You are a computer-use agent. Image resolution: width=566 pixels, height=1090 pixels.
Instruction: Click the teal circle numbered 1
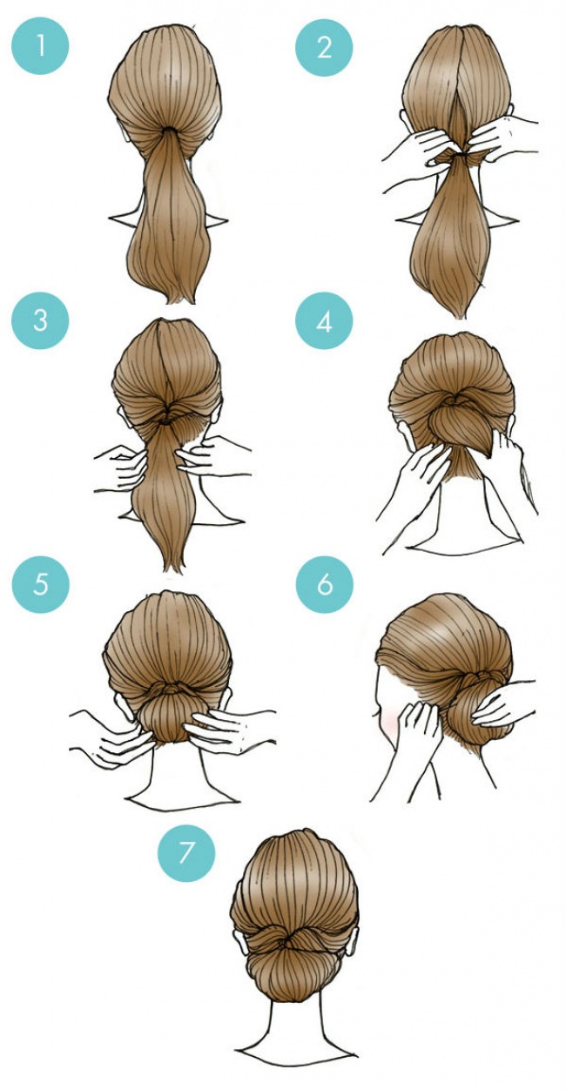coord(40,46)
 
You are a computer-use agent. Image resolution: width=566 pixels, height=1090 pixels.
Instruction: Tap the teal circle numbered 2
coord(325,47)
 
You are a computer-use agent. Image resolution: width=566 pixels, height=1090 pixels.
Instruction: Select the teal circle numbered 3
coord(40,320)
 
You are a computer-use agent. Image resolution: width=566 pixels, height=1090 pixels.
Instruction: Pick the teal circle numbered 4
coord(325,320)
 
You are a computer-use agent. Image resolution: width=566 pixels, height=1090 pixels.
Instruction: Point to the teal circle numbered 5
coord(40,583)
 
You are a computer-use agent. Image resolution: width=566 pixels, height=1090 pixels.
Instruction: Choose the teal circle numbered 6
coord(325,583)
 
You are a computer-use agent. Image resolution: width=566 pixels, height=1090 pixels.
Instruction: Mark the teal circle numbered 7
coord(185,852)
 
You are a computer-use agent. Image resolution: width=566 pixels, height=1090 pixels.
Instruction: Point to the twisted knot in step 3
coord(168,417)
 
